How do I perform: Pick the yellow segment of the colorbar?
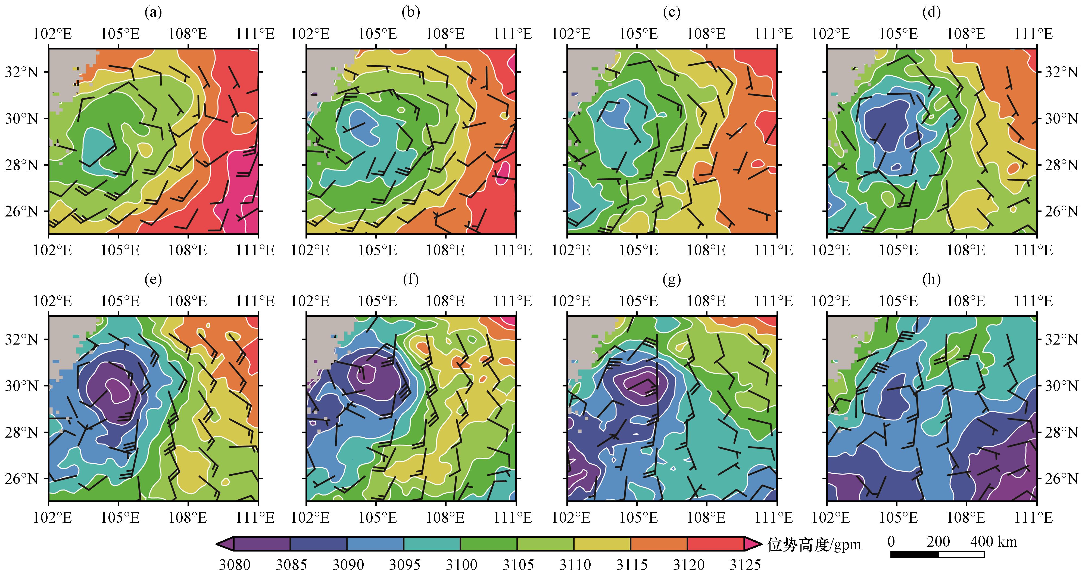click(x=602, y=544)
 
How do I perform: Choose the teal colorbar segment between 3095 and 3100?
click(x=432, y=544)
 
